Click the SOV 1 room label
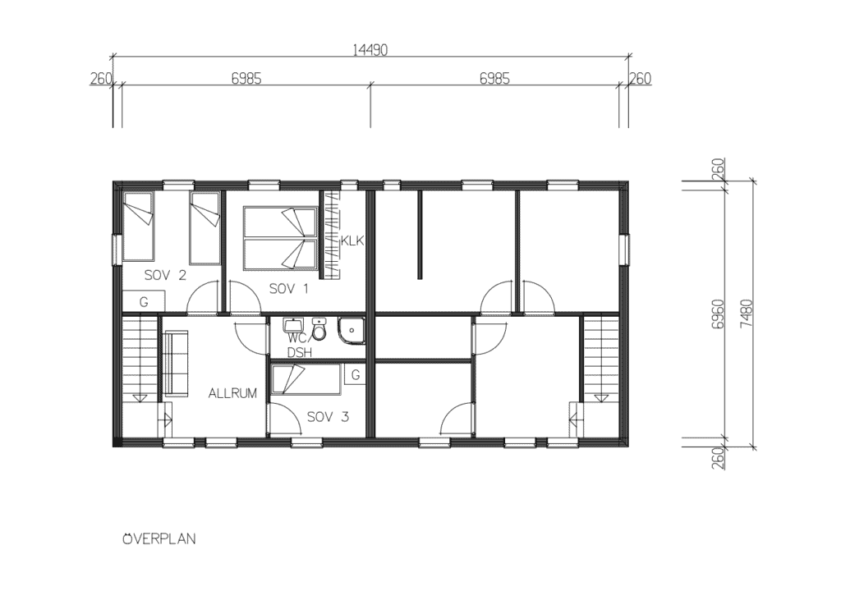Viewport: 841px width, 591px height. pos(288,289)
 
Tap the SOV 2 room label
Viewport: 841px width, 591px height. pos(165,276)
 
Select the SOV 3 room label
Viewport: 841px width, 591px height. pos(328,417)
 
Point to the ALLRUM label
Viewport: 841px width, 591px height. pos(232,393)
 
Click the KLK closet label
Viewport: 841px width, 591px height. pos(352,241)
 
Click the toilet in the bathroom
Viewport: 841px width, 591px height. pos(319,330)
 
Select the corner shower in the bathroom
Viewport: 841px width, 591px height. pos(352,332)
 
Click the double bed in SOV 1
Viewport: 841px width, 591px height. pos(279,238)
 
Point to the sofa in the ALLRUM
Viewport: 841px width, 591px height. pos(176,364)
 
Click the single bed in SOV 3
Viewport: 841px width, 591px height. pos(306,380)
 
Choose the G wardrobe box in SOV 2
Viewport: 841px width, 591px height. pos(143,301)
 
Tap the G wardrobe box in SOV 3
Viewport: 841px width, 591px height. pos(355,375)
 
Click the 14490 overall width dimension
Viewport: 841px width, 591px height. pos(370,50)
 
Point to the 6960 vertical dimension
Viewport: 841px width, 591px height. pos(719,315)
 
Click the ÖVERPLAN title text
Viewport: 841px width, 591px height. pos(159,538)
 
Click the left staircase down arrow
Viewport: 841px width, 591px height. pos(140,397)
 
